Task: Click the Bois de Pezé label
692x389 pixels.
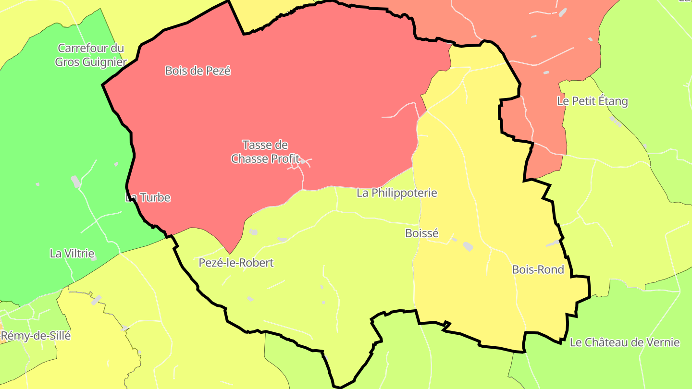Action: pos(198,71)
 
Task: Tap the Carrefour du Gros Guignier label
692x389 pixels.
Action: pos(90,55)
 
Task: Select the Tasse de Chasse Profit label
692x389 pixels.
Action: pos(265,151)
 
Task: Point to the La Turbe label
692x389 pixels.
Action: pos(148,197)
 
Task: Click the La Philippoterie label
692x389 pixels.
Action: pos(397,193)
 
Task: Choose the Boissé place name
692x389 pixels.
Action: pos(422,233)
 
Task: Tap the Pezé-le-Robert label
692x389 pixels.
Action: pos(236,263)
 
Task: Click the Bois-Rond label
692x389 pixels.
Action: pos(538,269)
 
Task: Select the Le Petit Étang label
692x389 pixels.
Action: pos(592,101)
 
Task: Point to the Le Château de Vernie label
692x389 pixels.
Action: pos(625,342)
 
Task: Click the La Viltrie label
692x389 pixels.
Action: pos(72,253)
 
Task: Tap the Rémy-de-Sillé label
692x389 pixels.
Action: pos(36,336)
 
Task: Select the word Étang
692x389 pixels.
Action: pos(612,101)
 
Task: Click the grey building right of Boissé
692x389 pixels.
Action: pos(468,246)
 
